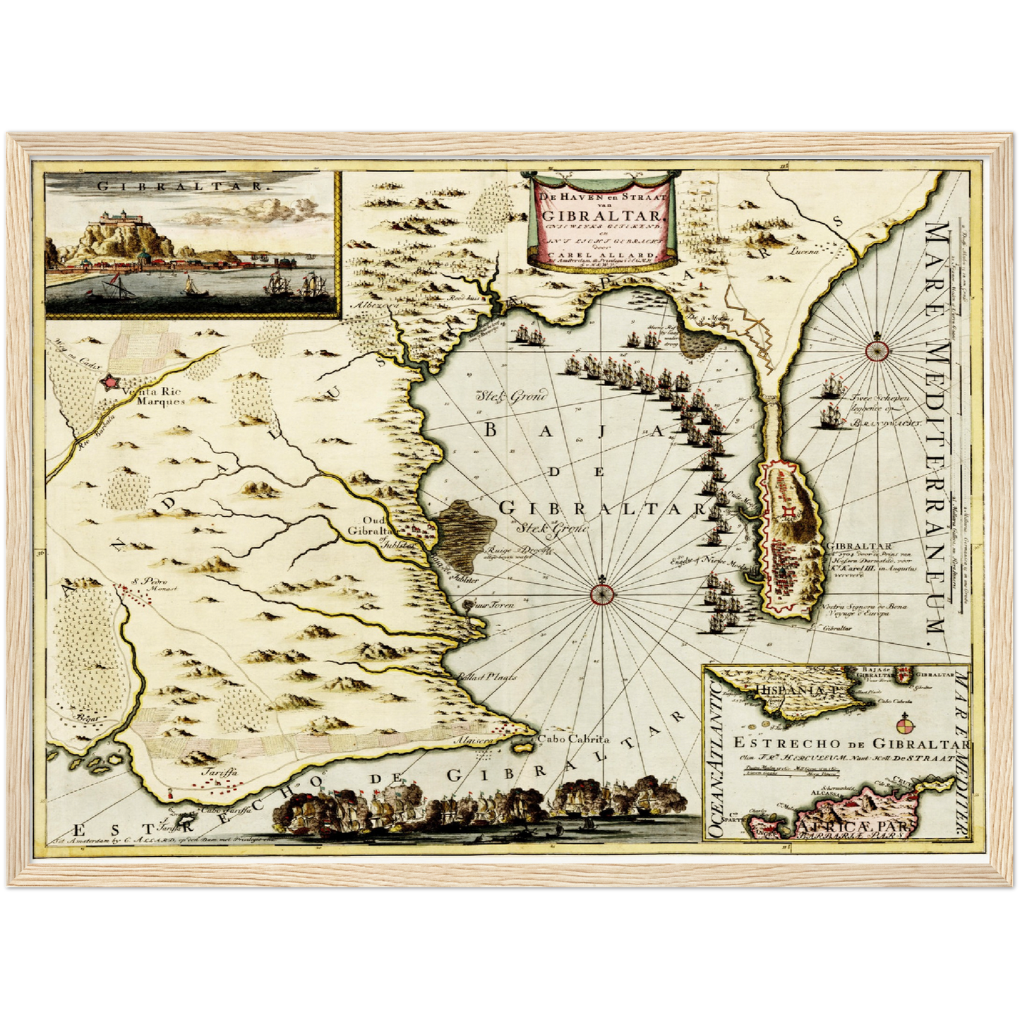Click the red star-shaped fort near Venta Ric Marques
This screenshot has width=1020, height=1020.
tap(110, 382)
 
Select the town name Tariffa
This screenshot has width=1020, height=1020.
tap(216, 772)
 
